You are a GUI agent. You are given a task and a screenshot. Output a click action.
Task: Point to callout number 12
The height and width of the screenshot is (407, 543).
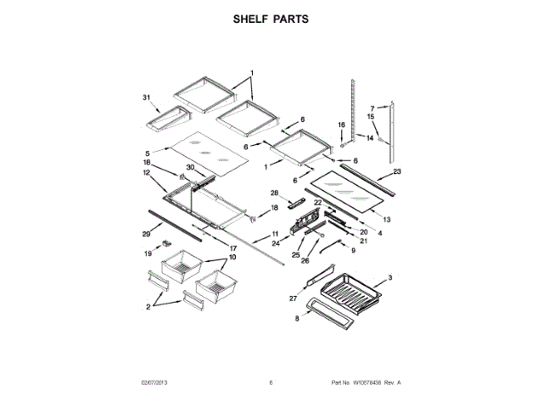coord(147,172)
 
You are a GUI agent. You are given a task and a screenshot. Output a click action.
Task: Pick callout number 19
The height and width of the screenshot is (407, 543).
coord(147,253)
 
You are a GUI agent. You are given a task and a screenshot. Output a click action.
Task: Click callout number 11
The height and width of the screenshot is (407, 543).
coord(274,233)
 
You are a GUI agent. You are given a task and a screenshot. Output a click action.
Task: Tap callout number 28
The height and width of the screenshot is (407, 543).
coord(274,193)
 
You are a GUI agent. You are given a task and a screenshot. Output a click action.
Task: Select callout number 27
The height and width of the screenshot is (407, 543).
coord(294,298)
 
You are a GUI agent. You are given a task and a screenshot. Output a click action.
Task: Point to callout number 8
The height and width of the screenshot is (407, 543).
coord(297,320)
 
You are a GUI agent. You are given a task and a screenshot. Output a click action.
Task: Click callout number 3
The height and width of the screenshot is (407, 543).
coord(389,277)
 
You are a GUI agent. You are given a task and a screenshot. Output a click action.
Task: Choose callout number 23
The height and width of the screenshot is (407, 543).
coord(397,172)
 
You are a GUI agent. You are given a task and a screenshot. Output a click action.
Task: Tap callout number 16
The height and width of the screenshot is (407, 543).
coord(342,125)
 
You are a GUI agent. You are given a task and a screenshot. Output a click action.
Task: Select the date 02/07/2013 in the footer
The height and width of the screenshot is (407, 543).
coord(154,383)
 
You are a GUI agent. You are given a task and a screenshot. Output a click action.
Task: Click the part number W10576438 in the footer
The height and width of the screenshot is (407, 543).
coord(367,383)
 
